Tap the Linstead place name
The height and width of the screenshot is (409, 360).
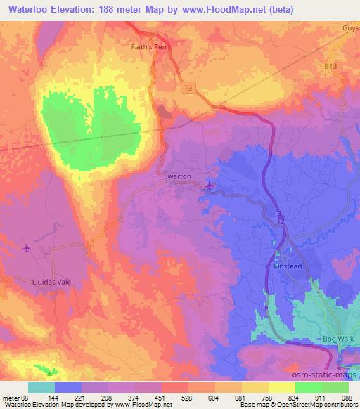point(287,266)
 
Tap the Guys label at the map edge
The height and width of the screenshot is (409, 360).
point(350,26)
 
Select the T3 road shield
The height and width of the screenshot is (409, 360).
point(187,88)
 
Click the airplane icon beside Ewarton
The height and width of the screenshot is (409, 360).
point(210,186)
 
